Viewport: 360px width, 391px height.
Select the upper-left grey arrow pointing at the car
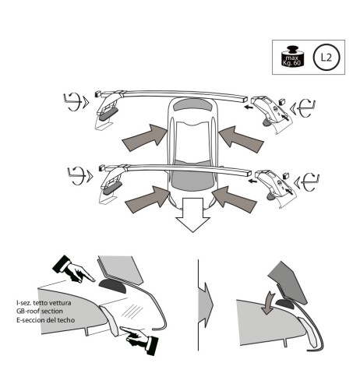coord(145,137)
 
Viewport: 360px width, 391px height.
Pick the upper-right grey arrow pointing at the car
coord(242,140)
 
